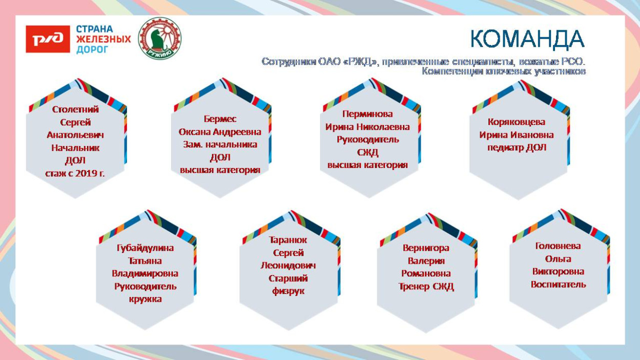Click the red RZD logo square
point(48,39)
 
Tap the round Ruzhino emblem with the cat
point(160,38)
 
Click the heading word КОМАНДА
point(527,39)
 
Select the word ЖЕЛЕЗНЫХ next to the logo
point(103,39)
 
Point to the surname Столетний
point(75,110)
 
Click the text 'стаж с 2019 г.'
point(75,174)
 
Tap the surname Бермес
point(220,119)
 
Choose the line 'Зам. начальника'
point(220,144)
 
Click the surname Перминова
point(368,114)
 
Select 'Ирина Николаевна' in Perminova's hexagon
point(368,127)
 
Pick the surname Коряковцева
point(516,122)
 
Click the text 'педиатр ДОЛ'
point(517,147)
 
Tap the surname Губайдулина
point(145,248)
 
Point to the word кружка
point(145,299)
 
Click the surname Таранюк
point(288,240)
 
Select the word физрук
point(288,291)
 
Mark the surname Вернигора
point(425,248)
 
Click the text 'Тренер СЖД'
point(426,286)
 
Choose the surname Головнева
point(558,246)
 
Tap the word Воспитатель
point(558,285)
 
